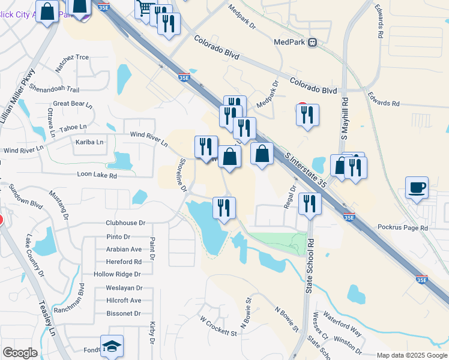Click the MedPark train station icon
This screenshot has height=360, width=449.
click(312, 42)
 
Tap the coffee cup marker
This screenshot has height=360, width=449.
click(417, 188)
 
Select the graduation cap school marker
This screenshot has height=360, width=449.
click(112, 346)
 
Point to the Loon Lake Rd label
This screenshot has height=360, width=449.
click(97, 175)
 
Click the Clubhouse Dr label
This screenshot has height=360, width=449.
click(125, 223)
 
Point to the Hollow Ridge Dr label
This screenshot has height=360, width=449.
click(117, 274)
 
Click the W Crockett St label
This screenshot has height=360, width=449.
click(219, 328)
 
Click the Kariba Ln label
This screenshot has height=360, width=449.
click(89, 142)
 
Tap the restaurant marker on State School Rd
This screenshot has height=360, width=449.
click(310, 204)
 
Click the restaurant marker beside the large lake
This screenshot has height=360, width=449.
click(224, 208)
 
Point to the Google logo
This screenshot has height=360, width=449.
click(20, 353)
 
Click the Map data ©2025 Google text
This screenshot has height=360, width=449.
click(411, 355)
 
